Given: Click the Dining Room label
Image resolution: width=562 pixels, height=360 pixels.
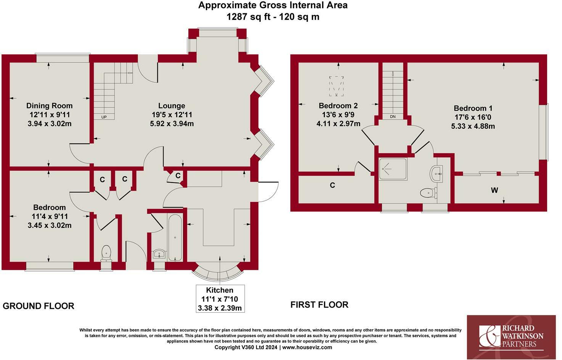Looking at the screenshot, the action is [50, 106].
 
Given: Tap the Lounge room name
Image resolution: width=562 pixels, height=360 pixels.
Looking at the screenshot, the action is [172, 106].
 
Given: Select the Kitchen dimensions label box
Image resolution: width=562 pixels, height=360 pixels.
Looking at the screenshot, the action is [220, 299].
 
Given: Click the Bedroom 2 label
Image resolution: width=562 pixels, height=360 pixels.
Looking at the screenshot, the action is [338, 106].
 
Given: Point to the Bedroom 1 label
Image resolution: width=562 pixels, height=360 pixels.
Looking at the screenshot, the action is [473, 108].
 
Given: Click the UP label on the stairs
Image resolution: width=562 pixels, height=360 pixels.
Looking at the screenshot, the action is [104, 117].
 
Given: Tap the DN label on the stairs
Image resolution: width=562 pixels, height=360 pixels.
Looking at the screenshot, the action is [393, 117].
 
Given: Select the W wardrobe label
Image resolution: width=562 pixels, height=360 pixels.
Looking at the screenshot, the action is [494, 190].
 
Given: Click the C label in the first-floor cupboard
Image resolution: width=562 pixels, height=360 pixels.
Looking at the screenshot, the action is [332, 185].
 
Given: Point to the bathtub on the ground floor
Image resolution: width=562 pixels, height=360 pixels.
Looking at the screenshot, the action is [175, 238].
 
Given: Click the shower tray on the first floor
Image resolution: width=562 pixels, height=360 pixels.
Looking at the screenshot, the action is [393, 169].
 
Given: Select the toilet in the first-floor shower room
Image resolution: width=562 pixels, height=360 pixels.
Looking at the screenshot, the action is [429, 193].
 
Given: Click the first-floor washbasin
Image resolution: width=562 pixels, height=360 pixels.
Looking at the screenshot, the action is [436, 174].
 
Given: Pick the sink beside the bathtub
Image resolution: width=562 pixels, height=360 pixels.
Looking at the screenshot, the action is [159, 254].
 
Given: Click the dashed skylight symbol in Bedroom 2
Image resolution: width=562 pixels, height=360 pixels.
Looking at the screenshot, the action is [336, 86].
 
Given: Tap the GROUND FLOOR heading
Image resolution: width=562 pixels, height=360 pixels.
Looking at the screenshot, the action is [39, 306].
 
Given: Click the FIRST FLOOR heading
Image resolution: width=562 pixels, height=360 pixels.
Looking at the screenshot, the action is [320, 305].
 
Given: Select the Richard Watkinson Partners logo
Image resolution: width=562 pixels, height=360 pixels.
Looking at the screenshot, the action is [511, 337].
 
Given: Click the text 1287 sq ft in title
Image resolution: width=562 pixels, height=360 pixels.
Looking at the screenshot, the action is [249, 17].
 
